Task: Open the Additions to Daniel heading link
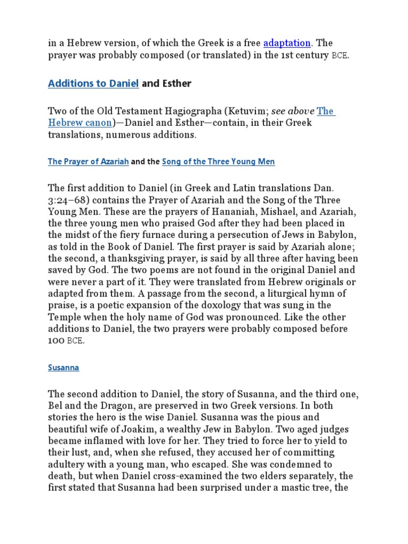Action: [93, 83]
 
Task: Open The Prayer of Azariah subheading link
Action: [88, 161]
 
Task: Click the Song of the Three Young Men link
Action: [218, 161]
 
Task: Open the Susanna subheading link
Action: [63, 367]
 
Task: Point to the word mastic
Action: [293, 487]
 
